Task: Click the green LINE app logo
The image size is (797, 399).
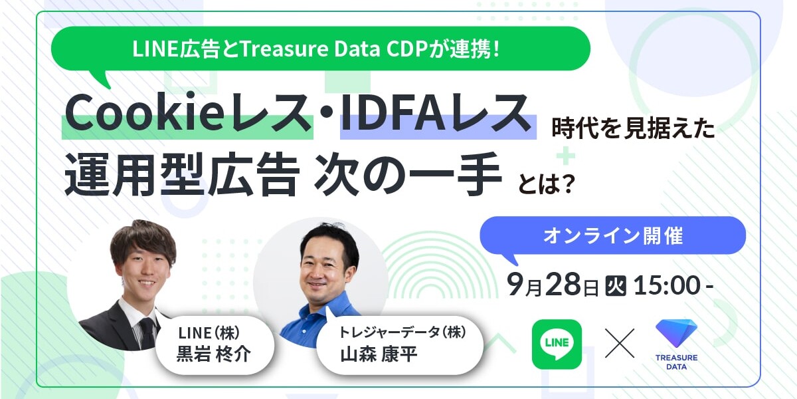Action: (x=557, y=344)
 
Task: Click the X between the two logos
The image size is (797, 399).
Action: (x=620, y=343)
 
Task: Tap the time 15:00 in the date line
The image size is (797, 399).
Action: (x=667, y=285)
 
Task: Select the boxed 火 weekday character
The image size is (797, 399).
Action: (x=616, y=286)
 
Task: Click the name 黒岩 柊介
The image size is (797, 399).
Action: (x=214, y=354)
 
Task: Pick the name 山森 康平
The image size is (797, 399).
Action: (x=379, y=354)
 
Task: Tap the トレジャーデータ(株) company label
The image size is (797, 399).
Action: (x=402, y=332)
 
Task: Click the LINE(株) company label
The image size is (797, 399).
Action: (x=209, y=333)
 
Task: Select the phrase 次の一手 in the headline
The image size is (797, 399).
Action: (x=408, y=174)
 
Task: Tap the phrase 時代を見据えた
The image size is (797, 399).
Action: (x=634, y=128)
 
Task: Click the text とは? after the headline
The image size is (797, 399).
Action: (x=546, y=184)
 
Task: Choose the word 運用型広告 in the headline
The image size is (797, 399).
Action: (x=182, y=174)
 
